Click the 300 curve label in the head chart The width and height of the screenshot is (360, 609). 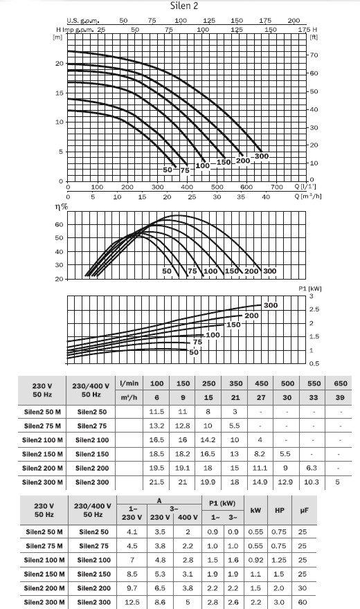pos(262,156)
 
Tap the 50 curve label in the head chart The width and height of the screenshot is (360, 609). pos(168,170)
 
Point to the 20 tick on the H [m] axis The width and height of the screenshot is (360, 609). pos(60,64)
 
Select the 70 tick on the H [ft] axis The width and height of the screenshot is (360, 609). pos(314,55)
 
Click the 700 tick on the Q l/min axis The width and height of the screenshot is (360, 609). pos(276,187)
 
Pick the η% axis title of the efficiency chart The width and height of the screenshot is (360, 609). pos(62,207)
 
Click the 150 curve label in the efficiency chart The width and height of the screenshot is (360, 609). pos(231,271)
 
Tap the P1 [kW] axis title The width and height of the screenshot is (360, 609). pos(310,289)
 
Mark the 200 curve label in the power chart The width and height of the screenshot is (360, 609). pos(251,316)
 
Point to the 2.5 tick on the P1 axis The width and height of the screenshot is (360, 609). pos(314,309)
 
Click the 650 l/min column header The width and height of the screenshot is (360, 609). pos(341,383)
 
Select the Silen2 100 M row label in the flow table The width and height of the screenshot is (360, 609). pos(42,440)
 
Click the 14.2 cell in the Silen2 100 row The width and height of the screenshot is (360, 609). pos(208,440)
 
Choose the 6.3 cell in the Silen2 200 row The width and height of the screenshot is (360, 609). pos(312,468)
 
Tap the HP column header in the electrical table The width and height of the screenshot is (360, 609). pos(280,510)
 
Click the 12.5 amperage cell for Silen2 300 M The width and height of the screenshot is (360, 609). pos(132,602)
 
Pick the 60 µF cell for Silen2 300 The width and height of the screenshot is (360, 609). pos(303,602)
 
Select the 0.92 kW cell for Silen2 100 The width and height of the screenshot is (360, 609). pos(255,560)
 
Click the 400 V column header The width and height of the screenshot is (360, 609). pos(188,518)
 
